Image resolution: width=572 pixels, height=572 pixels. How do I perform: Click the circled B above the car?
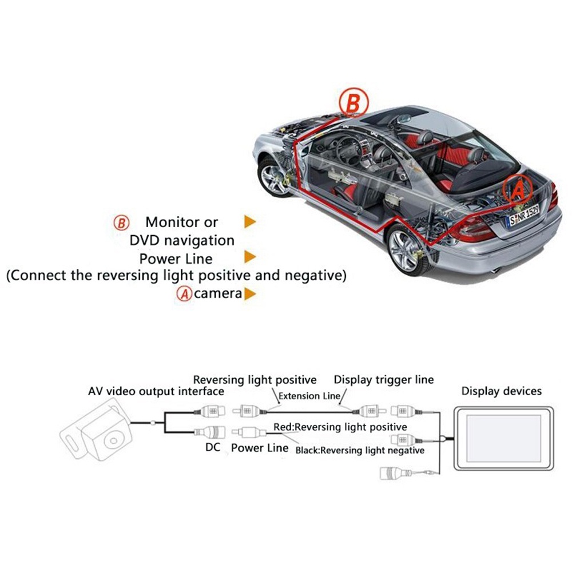[353, 102]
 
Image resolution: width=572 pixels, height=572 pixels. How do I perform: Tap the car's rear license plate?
[523, 215]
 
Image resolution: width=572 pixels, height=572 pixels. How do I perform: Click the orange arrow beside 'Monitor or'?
[250, 221]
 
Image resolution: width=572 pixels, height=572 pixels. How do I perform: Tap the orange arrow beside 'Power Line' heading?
[250, 256]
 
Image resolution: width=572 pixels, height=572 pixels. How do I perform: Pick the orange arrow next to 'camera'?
[250, 293]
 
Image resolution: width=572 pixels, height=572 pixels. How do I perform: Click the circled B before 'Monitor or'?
[121, 223]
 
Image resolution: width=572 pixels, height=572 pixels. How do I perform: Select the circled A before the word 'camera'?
[184, 293]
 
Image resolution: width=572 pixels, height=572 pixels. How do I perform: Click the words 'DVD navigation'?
[182, 240]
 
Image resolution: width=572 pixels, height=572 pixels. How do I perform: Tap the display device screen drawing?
[504, 438]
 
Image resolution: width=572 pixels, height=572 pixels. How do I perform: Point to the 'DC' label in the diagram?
[213, 447]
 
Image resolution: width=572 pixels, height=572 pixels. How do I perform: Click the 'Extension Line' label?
[309, 396]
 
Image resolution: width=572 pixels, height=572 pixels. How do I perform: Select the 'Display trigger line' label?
[384, 380]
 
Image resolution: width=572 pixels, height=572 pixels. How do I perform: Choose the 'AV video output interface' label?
[156, 391]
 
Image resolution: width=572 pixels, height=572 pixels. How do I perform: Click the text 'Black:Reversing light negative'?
[360, 451]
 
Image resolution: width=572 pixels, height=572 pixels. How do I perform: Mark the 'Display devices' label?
[502, 391]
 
